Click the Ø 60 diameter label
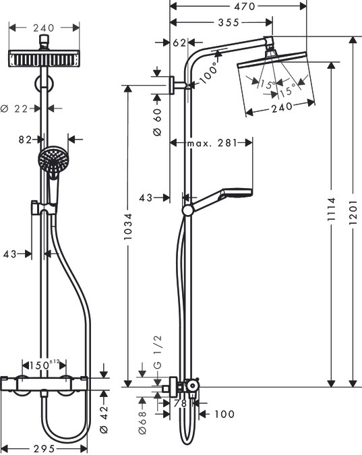click(x=157, y=123)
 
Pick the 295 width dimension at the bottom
click(x=44, y=448)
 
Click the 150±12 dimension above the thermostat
click(x=44, y=365)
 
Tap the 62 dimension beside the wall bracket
click(x=179, y=42)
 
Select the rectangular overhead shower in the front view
click(x=45, y=59)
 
